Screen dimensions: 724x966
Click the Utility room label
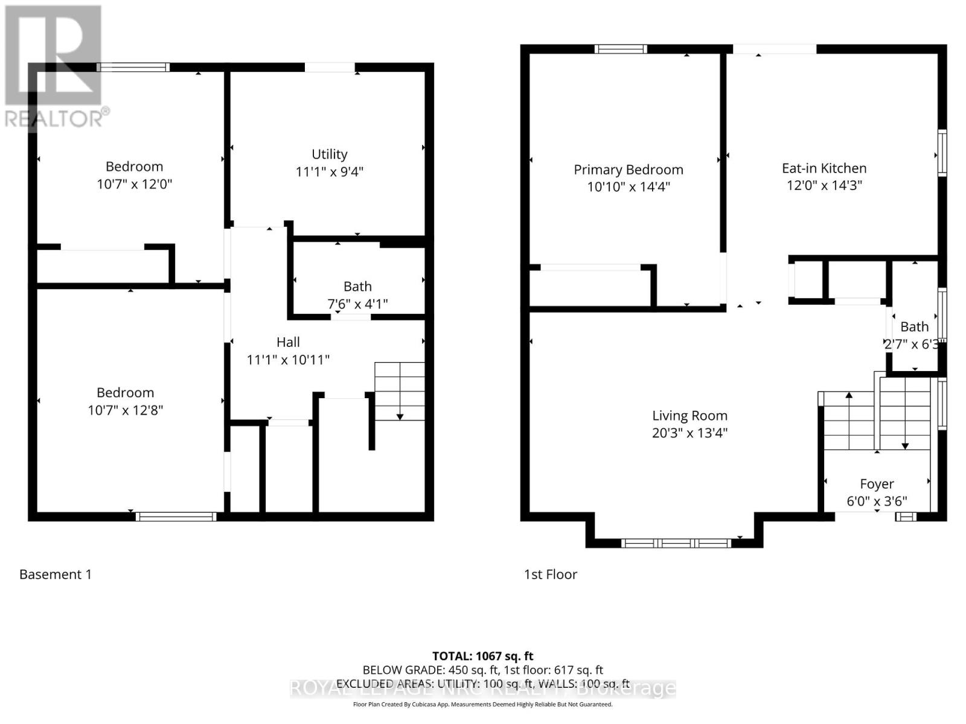[329, 154]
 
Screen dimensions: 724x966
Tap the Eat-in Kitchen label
[824, 168]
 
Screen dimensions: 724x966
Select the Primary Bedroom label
[629, 170]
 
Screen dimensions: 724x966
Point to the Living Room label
[689, 416]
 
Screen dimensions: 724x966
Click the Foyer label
[877, 484]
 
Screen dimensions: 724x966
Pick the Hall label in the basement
[288, 342]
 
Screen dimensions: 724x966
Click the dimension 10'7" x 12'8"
[126, 410]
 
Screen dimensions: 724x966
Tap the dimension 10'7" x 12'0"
[135, 184]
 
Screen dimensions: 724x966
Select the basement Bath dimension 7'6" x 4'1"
[357, 304]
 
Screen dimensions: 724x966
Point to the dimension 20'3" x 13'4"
[689, 433]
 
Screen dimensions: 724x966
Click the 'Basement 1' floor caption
[56, 574]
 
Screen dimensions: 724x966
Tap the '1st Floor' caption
[551, 574]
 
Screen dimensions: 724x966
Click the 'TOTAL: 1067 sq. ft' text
[483, 656]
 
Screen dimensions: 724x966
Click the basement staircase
[400, 391]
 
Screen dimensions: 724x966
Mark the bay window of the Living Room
[676, 543]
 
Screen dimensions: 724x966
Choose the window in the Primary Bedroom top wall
[621, 49]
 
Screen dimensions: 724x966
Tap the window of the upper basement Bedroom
[133, 68]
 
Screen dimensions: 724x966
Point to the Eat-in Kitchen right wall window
[942, 153]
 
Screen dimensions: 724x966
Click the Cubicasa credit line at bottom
[483, 704]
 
